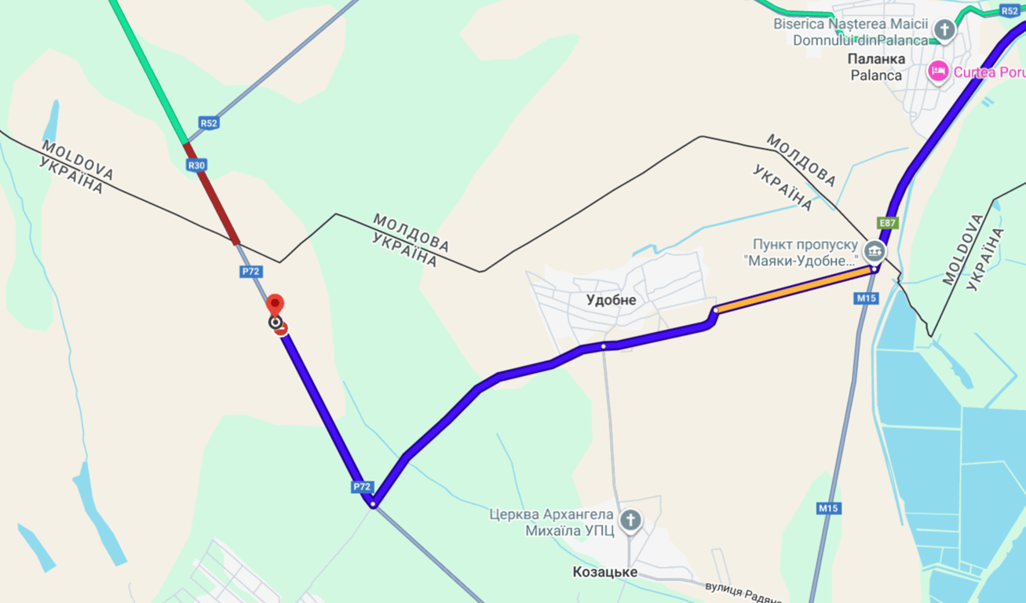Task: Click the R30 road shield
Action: click(x=196, y=165)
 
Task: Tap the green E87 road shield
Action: click(x=887, y=223)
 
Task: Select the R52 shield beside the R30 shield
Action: click(x=208, y=123)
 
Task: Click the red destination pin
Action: click(x=276, y=305)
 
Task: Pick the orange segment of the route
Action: click(x=793, y=289)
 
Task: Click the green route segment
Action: click(x=149, y=75)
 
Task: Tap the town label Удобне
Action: click(x=611, y=300)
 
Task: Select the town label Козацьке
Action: click(x=604, y=572)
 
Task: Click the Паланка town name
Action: click(x=877, y=59)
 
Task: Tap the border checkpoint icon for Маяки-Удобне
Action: click(x=874, y=252)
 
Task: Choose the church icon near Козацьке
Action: click(x=630, y=520)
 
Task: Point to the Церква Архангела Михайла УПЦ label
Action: click(x=552, y=524)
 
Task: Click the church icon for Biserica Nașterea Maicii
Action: click(x=945, y=31)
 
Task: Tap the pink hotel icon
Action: click(x=938, y=72)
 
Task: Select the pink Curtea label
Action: click(x=989, y=72)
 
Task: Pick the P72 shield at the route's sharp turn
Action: click(x=361, y=487)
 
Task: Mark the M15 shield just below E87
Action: click(x=866, y=298)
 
